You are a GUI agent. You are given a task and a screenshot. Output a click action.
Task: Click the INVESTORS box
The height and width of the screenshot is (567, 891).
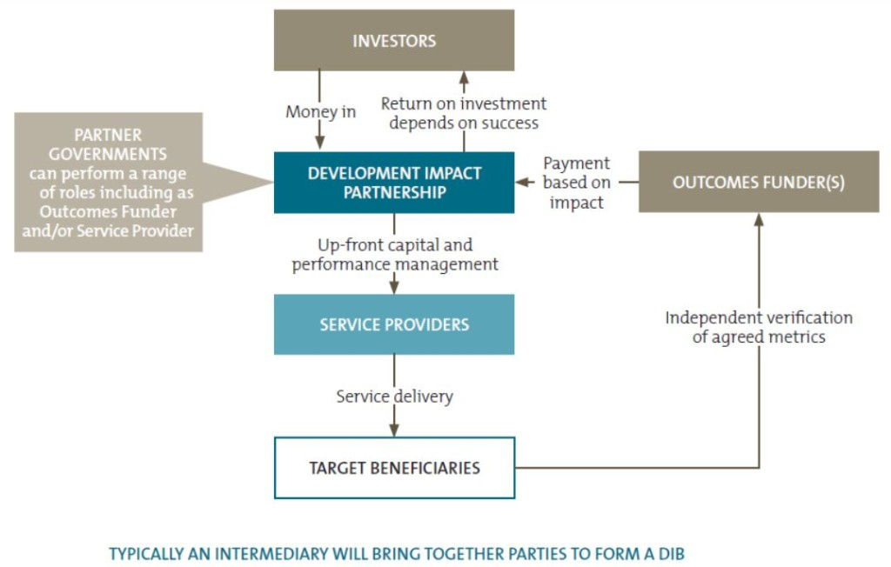pos(394,40)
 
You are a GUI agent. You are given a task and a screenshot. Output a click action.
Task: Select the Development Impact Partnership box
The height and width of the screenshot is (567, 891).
pos(394,183)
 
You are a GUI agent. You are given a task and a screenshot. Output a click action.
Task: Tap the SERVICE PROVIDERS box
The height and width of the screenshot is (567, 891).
pos(394,324)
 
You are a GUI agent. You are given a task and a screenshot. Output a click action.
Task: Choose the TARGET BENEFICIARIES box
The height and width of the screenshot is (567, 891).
pos(394,468)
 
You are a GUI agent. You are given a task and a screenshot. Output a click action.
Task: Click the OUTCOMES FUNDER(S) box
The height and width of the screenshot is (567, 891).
pos(759,182)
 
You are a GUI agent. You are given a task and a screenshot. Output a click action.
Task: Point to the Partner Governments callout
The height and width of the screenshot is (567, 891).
pos(108,183)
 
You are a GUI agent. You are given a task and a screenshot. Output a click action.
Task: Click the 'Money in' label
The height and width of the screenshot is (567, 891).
pos(321,112)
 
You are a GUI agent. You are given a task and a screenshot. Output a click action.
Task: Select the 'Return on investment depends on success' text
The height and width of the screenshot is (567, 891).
pos(464,113)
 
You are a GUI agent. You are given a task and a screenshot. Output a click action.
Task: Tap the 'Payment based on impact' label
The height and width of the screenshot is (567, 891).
pos(576,183)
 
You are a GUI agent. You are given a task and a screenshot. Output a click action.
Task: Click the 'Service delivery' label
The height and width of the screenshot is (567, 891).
pos(394,396)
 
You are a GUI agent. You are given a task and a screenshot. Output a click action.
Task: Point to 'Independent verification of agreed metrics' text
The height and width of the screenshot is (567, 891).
pos(759,327)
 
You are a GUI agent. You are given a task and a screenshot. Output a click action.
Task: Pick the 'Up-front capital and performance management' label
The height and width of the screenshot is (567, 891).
pos(395,255)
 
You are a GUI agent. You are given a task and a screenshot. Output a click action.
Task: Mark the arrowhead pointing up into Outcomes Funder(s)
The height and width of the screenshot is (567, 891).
pos(759,220)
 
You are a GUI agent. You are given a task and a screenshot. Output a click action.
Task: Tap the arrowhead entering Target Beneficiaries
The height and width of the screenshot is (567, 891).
pos(394,430)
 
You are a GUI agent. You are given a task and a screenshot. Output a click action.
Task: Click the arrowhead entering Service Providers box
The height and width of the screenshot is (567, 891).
pos(394,287)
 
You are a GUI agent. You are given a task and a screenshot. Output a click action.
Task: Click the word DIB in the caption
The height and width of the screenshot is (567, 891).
pos(671,553)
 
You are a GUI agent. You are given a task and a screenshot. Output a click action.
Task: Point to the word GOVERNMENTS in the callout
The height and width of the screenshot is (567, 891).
pos(108,154)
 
